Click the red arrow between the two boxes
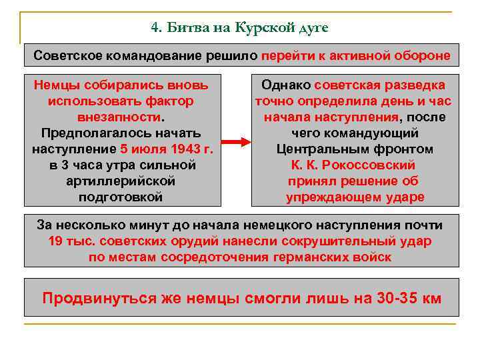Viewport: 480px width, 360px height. (235, 142)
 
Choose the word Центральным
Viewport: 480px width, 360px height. (354, 149)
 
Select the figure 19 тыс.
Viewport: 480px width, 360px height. (72, 241)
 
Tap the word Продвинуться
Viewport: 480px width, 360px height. (100, 297)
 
